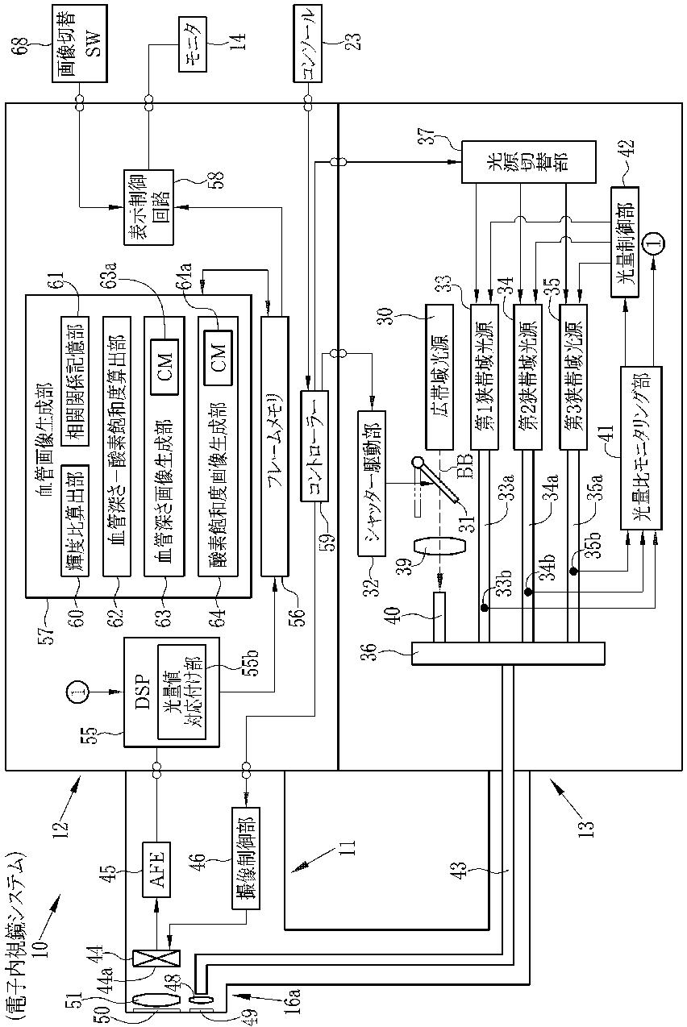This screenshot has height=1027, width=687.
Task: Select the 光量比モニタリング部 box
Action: click(x=641, y=447)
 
